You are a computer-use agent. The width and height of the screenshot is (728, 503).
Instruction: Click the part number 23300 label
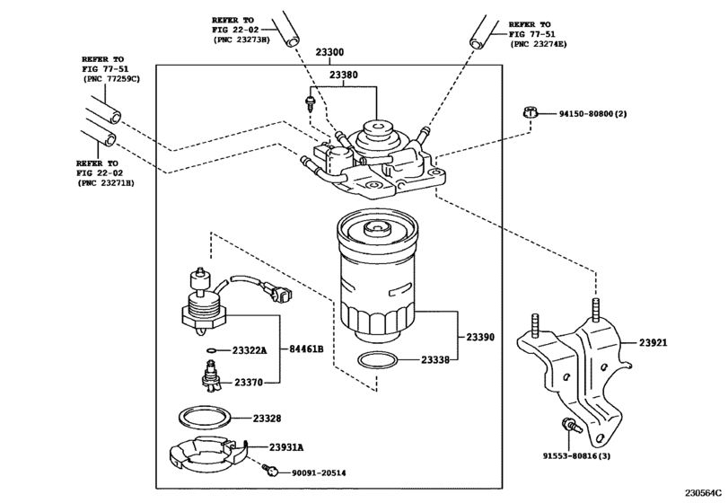pos(330,52)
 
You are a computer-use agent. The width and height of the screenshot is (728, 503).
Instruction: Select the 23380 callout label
pos(344,75)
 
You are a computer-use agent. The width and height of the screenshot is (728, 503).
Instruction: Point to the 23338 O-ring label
pos(435,359)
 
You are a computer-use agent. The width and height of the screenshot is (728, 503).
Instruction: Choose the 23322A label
pos(250,350)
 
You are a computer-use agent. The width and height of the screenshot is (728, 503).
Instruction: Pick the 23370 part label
pos(249,383)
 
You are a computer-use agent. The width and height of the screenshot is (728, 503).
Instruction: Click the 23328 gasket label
pos(267,419)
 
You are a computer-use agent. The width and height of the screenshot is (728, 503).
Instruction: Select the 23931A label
pos(286,447)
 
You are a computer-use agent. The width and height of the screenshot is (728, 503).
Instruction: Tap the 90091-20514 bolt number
pos(319,472)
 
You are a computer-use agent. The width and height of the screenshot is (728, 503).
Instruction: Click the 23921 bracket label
pos(653,343)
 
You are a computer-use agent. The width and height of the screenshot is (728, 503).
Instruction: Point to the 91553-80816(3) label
pos(576,456)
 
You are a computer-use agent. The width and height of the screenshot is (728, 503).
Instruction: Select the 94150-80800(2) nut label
pos(592,114)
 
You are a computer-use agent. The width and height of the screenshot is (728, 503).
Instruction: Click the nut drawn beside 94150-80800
pos(530,113)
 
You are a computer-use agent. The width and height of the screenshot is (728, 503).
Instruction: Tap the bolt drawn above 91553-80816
pos(571,426)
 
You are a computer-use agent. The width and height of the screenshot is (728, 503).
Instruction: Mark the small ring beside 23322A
pos(211,350)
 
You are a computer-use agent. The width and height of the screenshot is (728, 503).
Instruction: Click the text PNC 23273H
pos(241,40)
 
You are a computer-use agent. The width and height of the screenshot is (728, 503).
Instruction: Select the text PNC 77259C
pos(111,78)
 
